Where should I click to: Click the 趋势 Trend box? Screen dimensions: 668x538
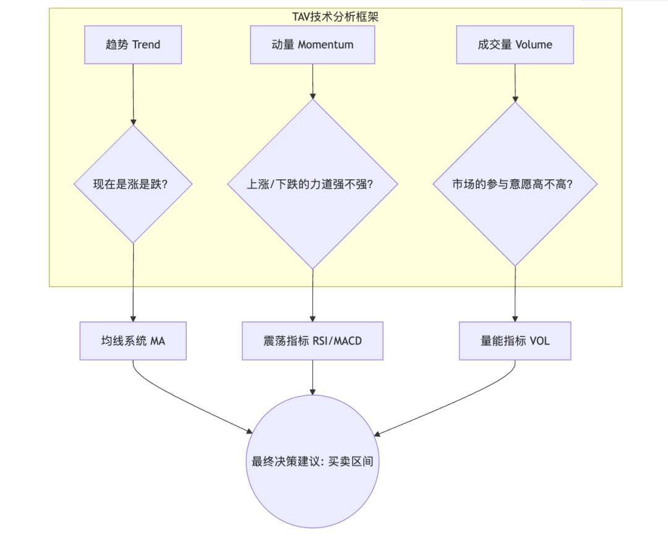133,45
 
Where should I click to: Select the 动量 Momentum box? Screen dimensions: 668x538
312,45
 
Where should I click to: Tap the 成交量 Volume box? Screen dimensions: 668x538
515,45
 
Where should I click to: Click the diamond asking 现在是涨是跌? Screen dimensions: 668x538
133,184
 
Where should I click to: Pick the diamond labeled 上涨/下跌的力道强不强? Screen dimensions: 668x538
313,184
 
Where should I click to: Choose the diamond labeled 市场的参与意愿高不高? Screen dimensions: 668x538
515,184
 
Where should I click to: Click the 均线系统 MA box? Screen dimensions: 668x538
133,341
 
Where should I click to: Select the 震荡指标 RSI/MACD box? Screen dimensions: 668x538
313,341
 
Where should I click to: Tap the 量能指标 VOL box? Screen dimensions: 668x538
515,341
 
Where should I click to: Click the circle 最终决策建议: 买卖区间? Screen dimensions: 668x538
313,461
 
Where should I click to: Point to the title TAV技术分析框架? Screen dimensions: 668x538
335,17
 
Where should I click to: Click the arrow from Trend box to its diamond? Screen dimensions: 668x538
133,95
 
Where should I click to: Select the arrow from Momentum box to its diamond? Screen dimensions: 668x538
313,82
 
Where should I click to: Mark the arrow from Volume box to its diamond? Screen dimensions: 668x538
515,83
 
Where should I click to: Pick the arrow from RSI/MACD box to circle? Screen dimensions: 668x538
313,377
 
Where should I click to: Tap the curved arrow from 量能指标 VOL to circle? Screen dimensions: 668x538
456,403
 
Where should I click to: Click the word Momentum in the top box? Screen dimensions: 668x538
326,45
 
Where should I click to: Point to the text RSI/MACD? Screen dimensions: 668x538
338,341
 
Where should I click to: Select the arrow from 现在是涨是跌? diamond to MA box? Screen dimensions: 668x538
133,283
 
